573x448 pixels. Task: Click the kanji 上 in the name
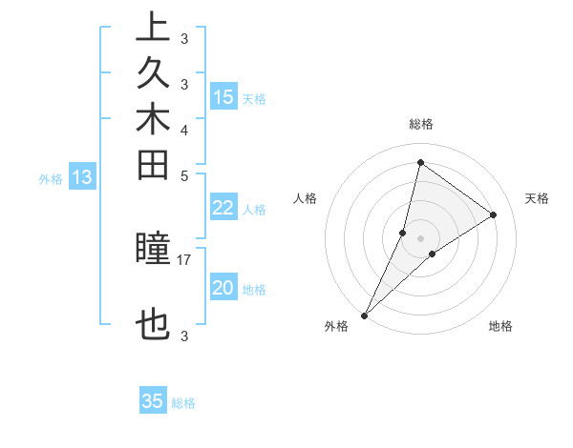point(153,27)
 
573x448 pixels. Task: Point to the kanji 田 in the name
point(153,166)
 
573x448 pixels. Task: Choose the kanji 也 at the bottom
point(153,327)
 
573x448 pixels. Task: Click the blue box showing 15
point(223,96)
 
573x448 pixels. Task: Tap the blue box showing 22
point(223,209)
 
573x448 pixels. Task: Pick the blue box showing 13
point(82,176)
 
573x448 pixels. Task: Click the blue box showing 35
point(153,401)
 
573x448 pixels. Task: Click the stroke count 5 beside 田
point(184,175)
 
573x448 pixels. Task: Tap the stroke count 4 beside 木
point(184,129)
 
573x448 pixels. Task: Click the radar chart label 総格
point(420,124)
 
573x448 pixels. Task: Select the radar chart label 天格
point(537,198)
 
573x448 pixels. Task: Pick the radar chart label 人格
point(306,198)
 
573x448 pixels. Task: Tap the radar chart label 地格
point(500,327)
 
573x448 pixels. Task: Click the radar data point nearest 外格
point(365,315)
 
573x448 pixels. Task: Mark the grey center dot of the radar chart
point(420,238)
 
